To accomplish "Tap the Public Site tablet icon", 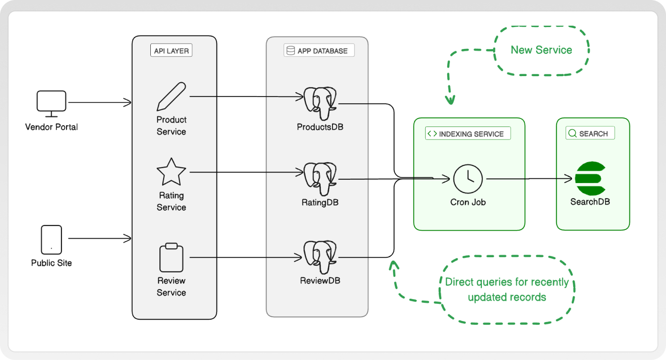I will point(51,240).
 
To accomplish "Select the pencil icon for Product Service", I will point(171,97).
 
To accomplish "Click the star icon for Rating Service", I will point(171,173).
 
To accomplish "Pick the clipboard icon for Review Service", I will point(171,258).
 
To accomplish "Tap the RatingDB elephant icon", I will point(320,179).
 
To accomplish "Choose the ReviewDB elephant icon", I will point(320,257).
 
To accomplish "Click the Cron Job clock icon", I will point(468,179).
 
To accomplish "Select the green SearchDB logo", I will point(590,179).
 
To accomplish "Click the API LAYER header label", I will point(172,51).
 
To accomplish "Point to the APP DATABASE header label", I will point(319,51).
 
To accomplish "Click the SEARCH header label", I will point(590,134).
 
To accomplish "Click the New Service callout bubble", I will point(541,50).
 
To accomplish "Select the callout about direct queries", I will point(507,290).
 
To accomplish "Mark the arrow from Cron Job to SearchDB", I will point(528,179).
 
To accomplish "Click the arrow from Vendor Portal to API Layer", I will point(100,102).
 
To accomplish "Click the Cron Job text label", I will point(468,202).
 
